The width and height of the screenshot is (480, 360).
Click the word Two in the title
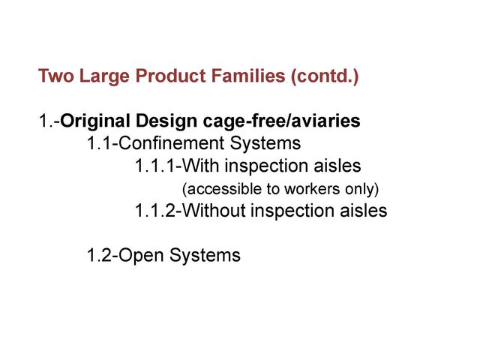coord(56,76)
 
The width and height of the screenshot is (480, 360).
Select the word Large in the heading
coord(104,76)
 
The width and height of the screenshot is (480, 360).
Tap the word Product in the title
coord(170,76)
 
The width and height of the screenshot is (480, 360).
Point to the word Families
coord(248,76)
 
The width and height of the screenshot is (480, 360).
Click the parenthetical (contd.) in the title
coord(325,76)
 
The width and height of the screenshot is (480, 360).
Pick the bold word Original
coord(95,121)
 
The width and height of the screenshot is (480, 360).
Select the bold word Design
coord(166,121)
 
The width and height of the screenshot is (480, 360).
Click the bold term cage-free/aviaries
coord(281,121)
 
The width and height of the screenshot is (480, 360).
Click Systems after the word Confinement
coord(265,143)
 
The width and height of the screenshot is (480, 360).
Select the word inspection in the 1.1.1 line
coord(266,166)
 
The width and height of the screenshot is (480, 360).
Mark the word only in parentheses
coord(359,190)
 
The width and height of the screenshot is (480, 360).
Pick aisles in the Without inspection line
coord(364,210)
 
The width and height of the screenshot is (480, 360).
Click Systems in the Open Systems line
coord(205,256)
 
